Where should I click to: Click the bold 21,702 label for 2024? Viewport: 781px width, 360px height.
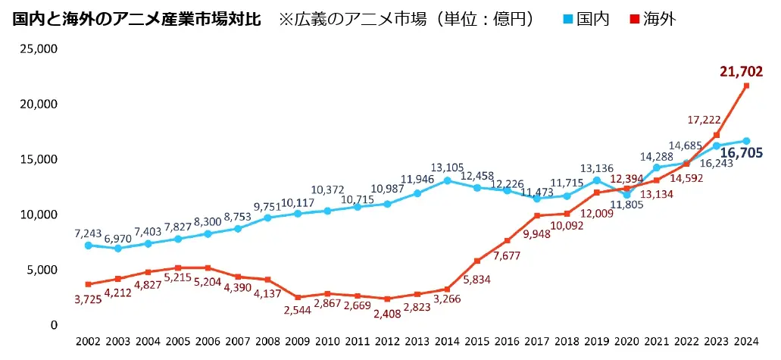coord(741,72)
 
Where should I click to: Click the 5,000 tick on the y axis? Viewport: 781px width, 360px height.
coord(42,270)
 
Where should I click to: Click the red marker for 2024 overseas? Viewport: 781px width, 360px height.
coord(746,86)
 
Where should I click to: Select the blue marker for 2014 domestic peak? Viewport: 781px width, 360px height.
coord(447,180)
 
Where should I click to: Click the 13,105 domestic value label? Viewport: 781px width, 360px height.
coord(447,167)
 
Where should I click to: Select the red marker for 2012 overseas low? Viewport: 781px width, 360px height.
coord(387,299)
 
